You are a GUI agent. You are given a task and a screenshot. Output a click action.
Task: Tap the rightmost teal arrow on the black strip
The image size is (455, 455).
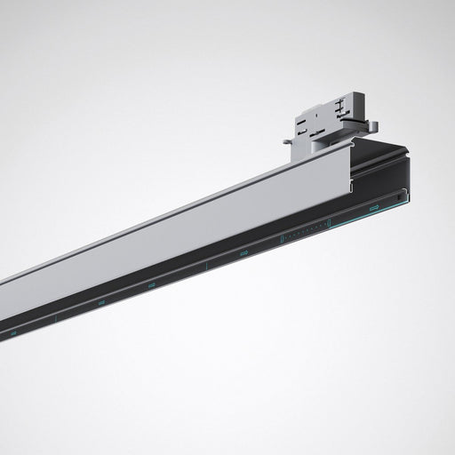(373, 208)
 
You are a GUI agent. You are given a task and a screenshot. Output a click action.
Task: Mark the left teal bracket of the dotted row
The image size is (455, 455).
(281, 238)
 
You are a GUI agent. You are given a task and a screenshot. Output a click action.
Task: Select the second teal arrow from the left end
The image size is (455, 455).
(100, 303)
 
